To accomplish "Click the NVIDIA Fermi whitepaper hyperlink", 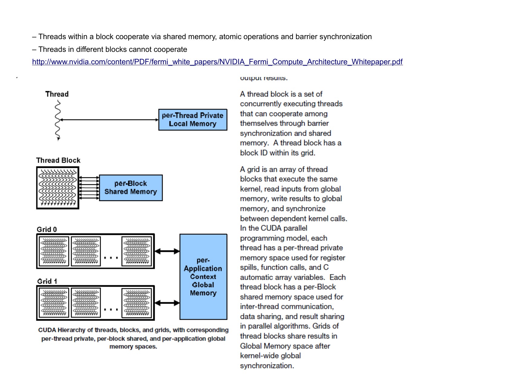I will (x=217, y=62).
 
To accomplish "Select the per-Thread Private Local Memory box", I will (x=193, y=120).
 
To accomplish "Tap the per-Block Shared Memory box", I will (x=131, y=188).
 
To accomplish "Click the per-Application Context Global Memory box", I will (x=203, y=277).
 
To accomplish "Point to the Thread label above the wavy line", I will (x=57, y=94).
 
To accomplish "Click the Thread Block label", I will (x=58, y=160).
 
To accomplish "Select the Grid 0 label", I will (x=47, y=230).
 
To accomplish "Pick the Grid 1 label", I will (x=47, y=281).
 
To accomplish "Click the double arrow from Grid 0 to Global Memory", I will (x=167, y=251).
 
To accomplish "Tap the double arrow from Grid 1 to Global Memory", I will (x=167, y=303).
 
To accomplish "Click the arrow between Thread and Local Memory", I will (x=109, y=120).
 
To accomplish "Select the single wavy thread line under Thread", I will (x=57, y=121).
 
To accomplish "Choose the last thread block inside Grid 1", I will (x=136, y=303).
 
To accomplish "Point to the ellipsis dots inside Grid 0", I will (x=111, y=258).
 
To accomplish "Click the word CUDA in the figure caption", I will (x=47, y=330).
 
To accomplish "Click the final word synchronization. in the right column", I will (x=267, y=366).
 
